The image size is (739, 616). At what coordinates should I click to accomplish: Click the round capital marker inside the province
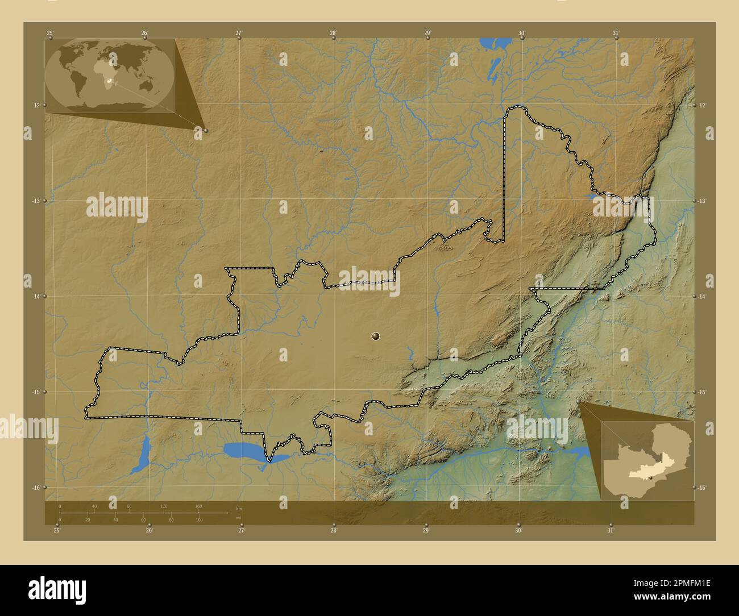tap(375, 336)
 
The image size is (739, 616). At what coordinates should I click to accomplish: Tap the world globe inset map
tap(110, 75)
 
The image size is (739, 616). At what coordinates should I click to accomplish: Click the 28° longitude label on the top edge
tap(333, 33)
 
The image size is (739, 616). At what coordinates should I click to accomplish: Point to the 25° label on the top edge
tap(50, 33)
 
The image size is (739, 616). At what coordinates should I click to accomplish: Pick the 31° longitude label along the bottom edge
tap(610, 531)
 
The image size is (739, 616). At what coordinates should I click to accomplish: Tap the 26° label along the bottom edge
tap(149, 531)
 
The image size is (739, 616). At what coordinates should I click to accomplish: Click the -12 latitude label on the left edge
tap(36, 105)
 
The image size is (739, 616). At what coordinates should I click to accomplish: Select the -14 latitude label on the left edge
tap(36, 297)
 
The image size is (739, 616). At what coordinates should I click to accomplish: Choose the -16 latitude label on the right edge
tap(703, 488)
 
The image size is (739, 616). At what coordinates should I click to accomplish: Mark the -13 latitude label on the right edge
tap(703, 201)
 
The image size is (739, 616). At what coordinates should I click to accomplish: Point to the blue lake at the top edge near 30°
tap(488, 43)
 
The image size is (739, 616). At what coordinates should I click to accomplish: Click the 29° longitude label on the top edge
tap(427, 33)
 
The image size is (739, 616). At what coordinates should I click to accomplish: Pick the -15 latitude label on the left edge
tap(36, 392)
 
